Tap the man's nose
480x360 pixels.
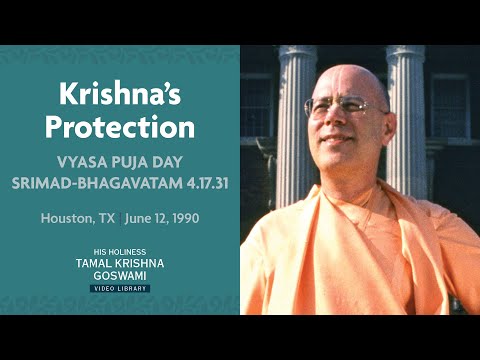334,120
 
